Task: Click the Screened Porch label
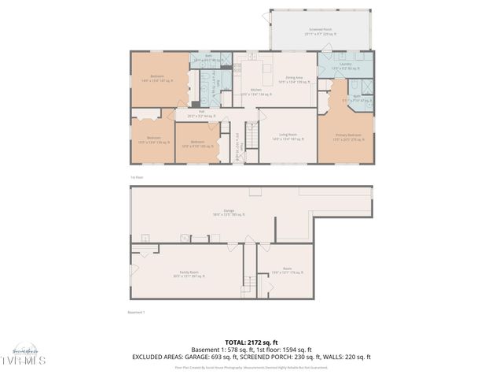[321, 32]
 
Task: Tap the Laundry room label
[345, 65]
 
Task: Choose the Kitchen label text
[256, 92]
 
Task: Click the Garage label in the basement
[229, 212]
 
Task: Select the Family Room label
[189, 274]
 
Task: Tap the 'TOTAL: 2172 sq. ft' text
[251, 343]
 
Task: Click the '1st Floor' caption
[138, 177]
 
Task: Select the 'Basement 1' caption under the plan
[136, 312]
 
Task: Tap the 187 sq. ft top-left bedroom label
[157, 78]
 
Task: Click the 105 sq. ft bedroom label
[196, 144]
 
